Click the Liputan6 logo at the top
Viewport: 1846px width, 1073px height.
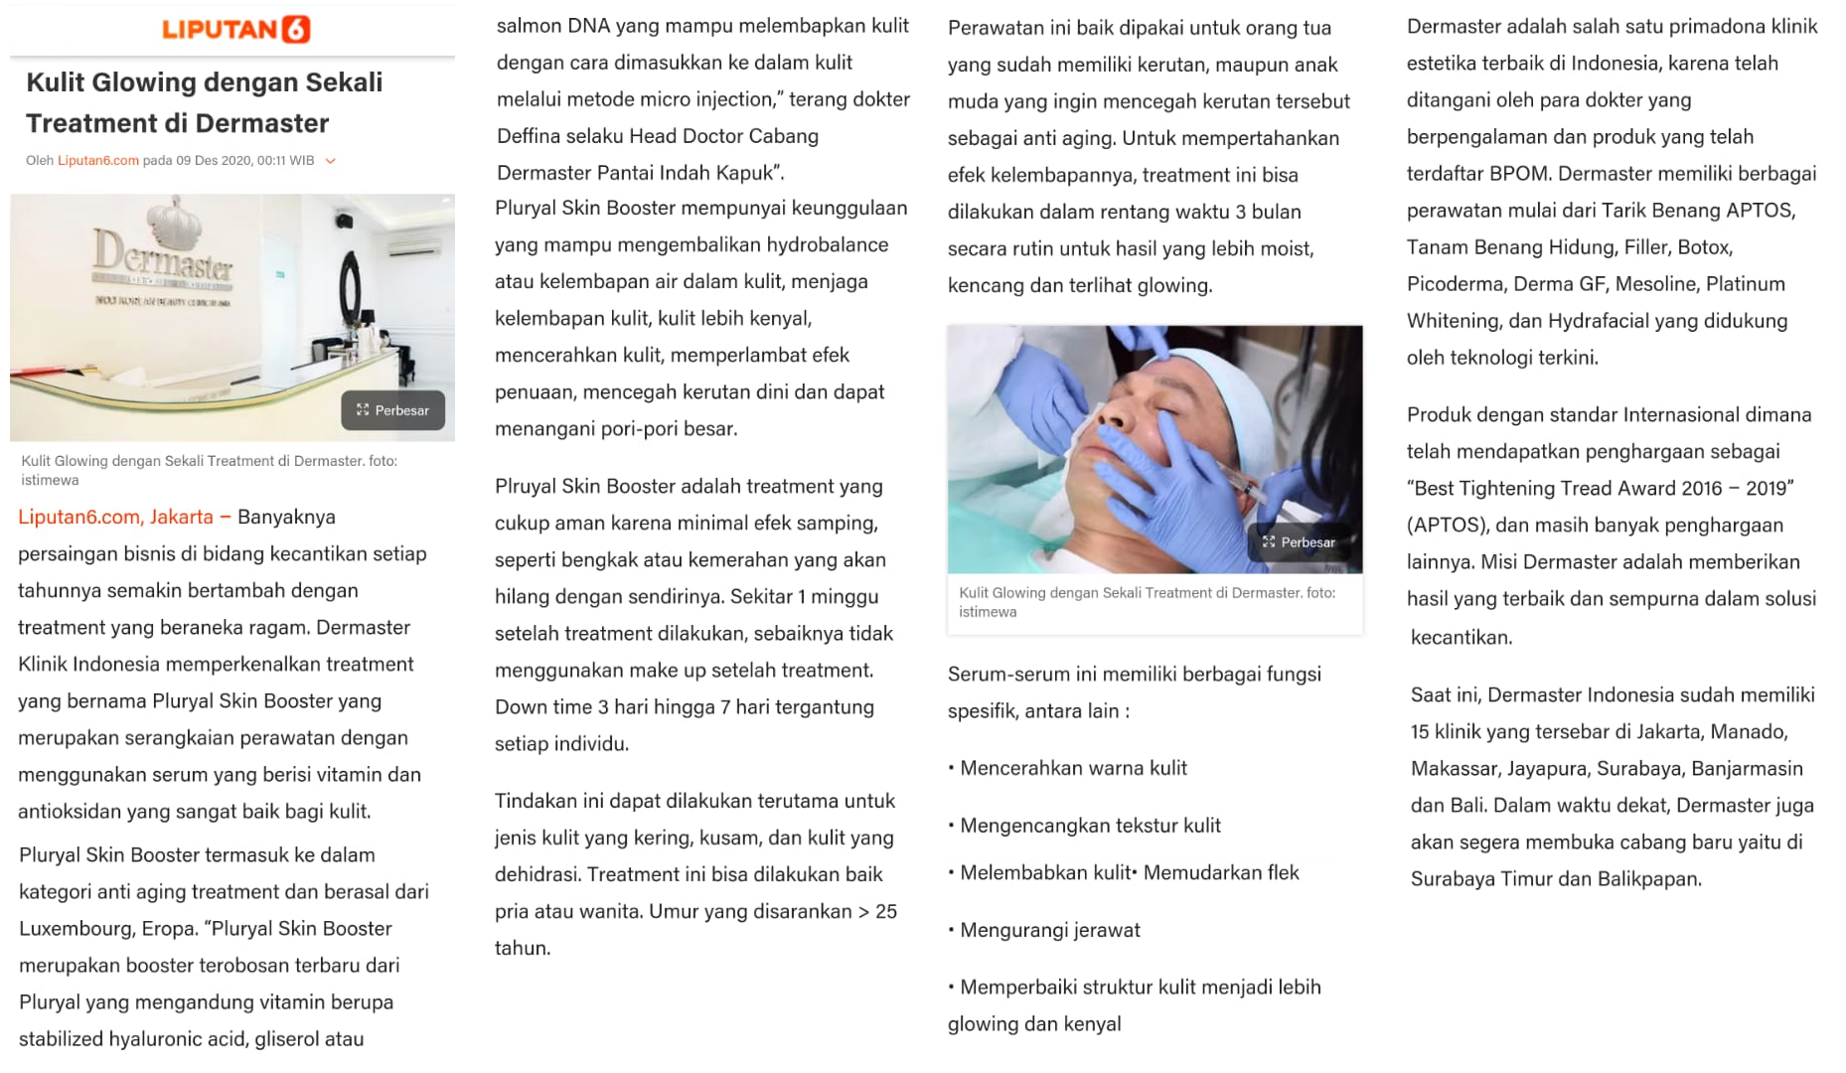[x=236, y=29]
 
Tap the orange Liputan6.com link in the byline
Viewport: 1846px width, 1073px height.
[x=98, y=161]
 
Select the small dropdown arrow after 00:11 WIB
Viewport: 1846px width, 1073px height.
[x=331, y=161]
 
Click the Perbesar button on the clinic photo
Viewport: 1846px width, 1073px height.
[x=393, y=410]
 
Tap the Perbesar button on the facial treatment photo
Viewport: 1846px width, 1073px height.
[x=1300, y=542]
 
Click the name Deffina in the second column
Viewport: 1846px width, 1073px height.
[x=533, y=136]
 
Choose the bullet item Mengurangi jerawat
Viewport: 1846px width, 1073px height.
[x=1049, y=930]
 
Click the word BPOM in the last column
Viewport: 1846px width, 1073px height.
[x=1518, y=174]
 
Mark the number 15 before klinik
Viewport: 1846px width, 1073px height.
[x=1420, y=732]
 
